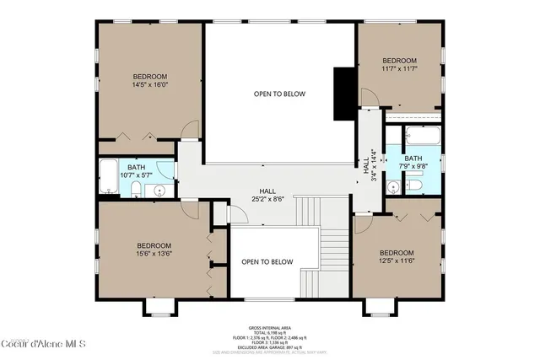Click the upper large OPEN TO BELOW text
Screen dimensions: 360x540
(x=279, y=94)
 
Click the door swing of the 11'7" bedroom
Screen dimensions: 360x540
(x=369, y=97)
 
